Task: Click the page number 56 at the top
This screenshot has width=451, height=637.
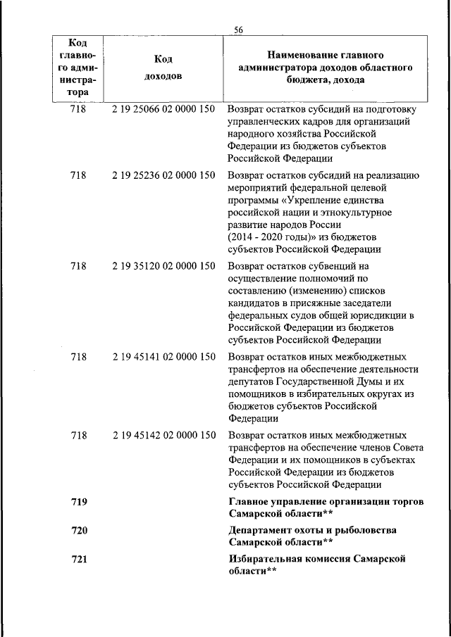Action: (238, 29)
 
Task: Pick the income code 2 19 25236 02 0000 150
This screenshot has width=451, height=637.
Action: (163, 175)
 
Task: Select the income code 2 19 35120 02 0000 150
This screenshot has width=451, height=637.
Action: (163, 266)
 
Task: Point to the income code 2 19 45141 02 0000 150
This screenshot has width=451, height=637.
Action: (163, 357)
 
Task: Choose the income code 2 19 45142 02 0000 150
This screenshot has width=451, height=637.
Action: (163, 436)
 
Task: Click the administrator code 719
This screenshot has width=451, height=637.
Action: (80, 501)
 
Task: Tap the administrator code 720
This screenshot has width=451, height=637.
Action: (80, 530)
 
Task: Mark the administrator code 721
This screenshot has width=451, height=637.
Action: (80, 559)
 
